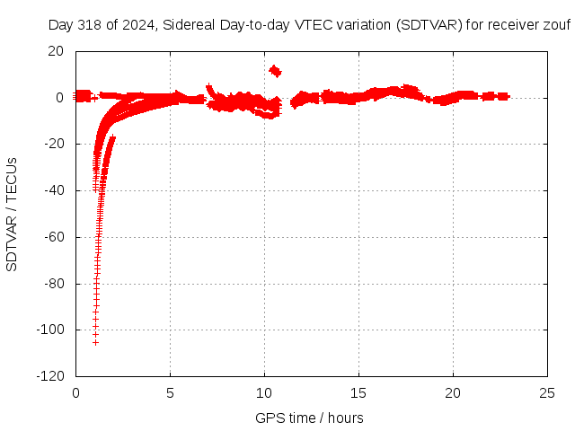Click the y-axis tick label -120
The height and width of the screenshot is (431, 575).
click(x=50, y=377)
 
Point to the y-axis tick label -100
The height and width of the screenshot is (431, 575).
click(x=50, y=330)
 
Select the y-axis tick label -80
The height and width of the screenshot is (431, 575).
click(x=53, y=284)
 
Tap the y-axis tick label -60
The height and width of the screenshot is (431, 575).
click(x=53, y=237)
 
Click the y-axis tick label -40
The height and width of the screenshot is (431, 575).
click(x=53, y=190)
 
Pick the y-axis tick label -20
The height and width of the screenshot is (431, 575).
click(x=53, y=144)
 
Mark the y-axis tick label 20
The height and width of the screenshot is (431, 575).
click(x=56, y=51)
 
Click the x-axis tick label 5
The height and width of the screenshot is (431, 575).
click(x=170, y=393)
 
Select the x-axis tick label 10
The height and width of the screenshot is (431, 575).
click(x=264, y=393)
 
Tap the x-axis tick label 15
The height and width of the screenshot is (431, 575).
click(x=358, y=393)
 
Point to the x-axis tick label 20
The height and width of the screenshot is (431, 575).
click(x=453, y=393)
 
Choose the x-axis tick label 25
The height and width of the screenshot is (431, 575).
click(x=547, y=393)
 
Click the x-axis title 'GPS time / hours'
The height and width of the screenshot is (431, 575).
click(x=309, y=418)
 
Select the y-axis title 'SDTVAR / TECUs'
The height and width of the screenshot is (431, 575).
click(x=13, y=214)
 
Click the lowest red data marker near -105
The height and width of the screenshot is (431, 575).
click(x=95, y=342)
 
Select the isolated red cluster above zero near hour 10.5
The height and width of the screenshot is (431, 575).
click(x=275, y=71)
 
